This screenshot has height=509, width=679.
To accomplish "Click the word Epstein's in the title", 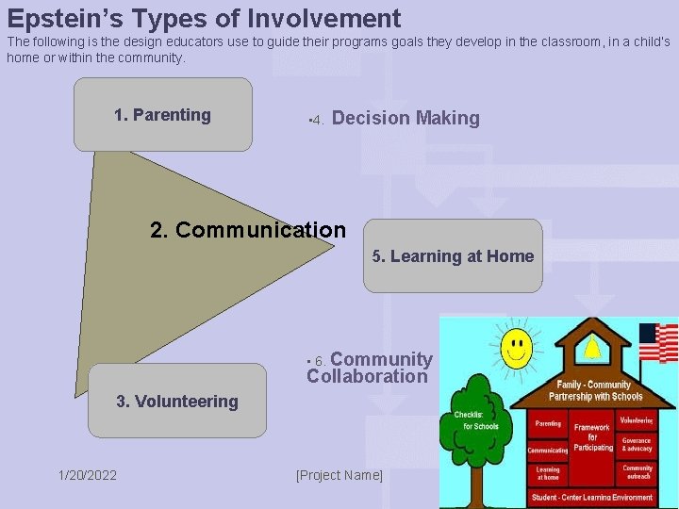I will coord(63,18).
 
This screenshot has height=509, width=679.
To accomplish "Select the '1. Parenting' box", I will coord(163,115).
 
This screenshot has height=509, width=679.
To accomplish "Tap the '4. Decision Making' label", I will coord(396,119).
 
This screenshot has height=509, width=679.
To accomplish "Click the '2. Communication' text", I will coord(248,230).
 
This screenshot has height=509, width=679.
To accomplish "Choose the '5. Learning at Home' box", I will coord(453,256).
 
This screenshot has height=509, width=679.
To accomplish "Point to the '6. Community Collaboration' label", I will coord(370,369).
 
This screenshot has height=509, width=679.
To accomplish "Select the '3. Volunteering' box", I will coord(177,402).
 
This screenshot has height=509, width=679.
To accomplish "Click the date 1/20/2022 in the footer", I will coord(88,475).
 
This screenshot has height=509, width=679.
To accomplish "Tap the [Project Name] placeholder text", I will coord(339,475).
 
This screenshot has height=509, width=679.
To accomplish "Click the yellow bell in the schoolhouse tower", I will coord(591,349).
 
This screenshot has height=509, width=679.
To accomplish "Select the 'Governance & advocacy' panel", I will coord(637,444).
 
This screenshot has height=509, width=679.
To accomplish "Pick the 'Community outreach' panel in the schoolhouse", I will coord(637,471).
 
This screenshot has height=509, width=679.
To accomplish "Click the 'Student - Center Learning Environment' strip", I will coord(591,497).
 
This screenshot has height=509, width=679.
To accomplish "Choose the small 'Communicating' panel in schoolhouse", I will coord(547,451).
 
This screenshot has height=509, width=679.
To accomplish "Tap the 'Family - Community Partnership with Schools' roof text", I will coord(595,390).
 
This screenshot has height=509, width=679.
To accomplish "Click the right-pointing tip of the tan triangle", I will coord(334,248).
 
